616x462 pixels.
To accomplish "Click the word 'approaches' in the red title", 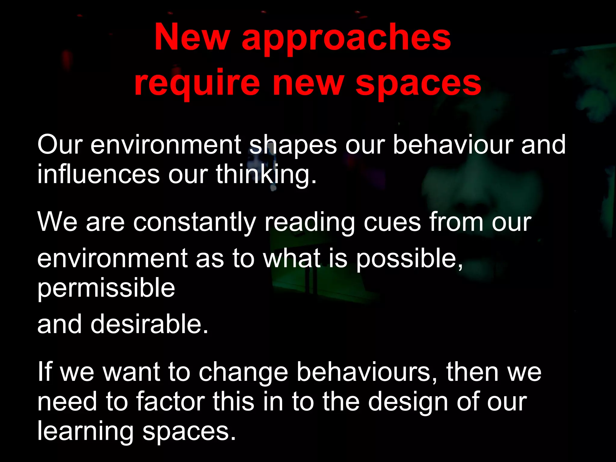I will click(x=346, y=39).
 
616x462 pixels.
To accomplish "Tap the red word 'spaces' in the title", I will click(x=418, y=84).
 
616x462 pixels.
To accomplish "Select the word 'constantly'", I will click(x=194, y=223).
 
